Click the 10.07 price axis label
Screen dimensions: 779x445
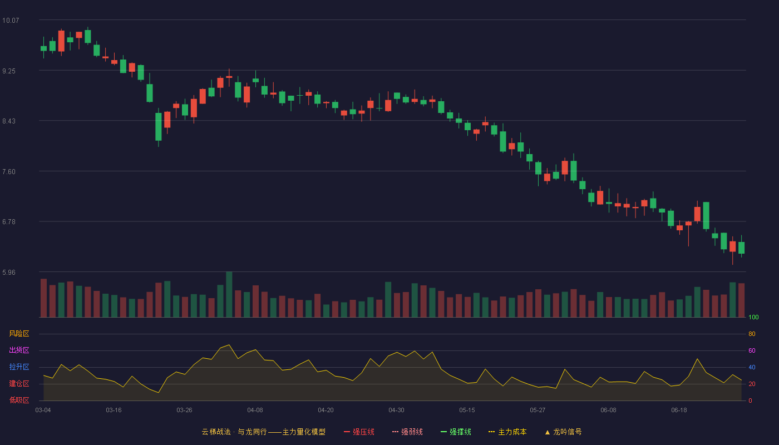point(11,20)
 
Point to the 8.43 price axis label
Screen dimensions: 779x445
point(9,121)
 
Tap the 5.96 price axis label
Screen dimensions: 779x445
point(9,272)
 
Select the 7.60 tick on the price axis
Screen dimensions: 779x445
point(9,172)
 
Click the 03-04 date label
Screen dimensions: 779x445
point(43,411)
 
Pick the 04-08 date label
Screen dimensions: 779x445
point(255,411)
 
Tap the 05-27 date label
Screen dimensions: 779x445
point(538,411)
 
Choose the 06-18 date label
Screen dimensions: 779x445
point(679,411)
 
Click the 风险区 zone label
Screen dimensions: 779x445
point(19,334)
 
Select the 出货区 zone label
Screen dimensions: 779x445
point(19,350)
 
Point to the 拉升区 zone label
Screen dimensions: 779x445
point(19,367)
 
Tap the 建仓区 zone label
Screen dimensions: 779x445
point(19,383)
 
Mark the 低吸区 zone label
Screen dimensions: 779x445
point(19,400)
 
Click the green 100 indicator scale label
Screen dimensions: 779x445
point(753,317)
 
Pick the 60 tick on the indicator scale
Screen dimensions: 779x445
point(752,350)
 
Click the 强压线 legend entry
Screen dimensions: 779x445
point(359,432)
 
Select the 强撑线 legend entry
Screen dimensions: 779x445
point(456,432)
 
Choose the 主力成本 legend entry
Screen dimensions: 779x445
point(507,432)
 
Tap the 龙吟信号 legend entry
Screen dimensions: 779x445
point(563,432)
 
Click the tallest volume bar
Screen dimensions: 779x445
point(229,294)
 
